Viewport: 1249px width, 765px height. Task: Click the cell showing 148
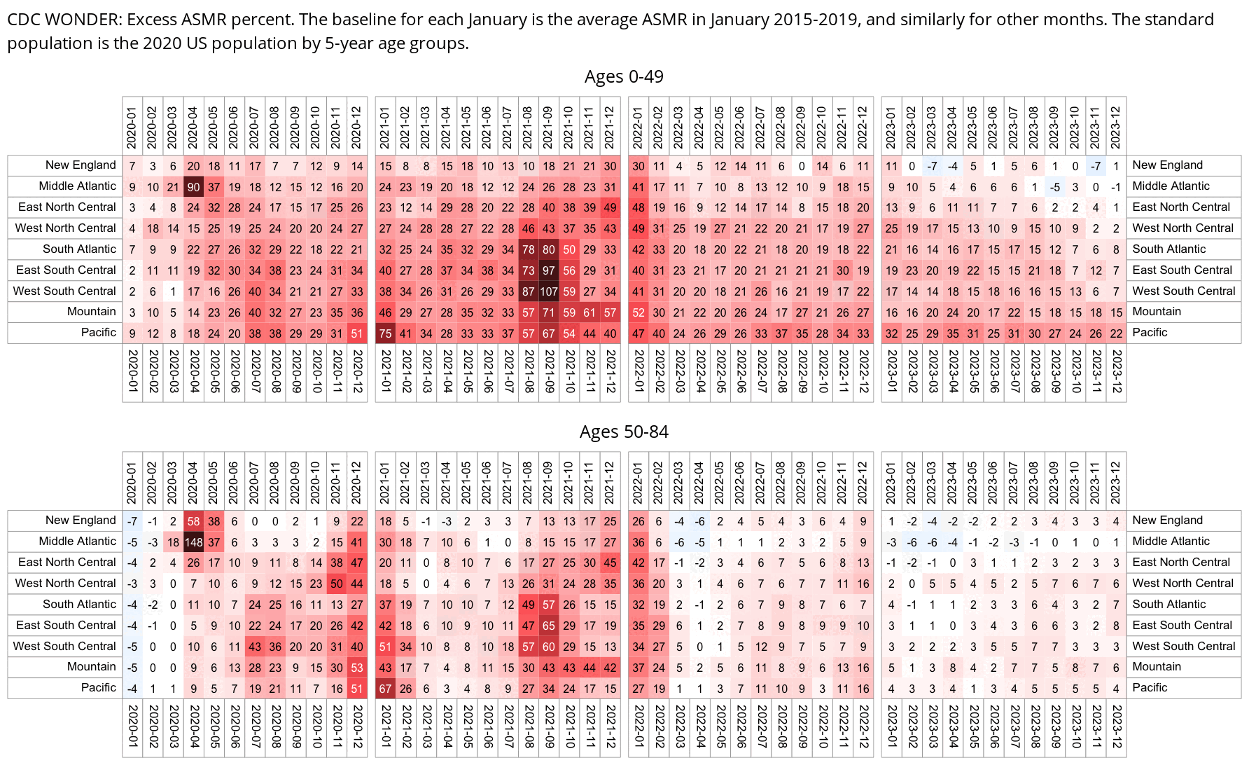click(193, 542)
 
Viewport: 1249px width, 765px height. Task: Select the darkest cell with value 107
click(548, 291)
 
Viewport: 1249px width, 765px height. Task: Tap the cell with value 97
click(548, 270)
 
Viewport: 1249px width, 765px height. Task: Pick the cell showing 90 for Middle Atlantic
click(193, 186)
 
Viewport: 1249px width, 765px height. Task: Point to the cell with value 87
click(528, 291)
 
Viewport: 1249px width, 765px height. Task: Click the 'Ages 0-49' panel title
click(624, 76)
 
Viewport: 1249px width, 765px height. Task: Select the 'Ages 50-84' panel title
click(624, 432)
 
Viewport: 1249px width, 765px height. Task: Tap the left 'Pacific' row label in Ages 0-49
click(98, 333)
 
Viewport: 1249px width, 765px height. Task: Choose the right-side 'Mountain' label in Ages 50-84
click(1157, 667)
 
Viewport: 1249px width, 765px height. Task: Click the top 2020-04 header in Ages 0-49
click(193, 127)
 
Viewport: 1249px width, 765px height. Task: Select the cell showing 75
click(385, 333)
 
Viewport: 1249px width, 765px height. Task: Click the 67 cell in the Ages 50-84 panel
click(385, 689)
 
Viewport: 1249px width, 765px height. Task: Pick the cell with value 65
click(548, 626)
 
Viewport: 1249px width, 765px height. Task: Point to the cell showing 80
click(548, 249)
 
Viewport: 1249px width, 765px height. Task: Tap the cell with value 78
click(528, 249)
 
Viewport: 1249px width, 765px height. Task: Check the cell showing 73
click(528, 270)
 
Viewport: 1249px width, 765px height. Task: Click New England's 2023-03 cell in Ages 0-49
click(932, 166)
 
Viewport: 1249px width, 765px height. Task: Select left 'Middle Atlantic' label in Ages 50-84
click(77, 542)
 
